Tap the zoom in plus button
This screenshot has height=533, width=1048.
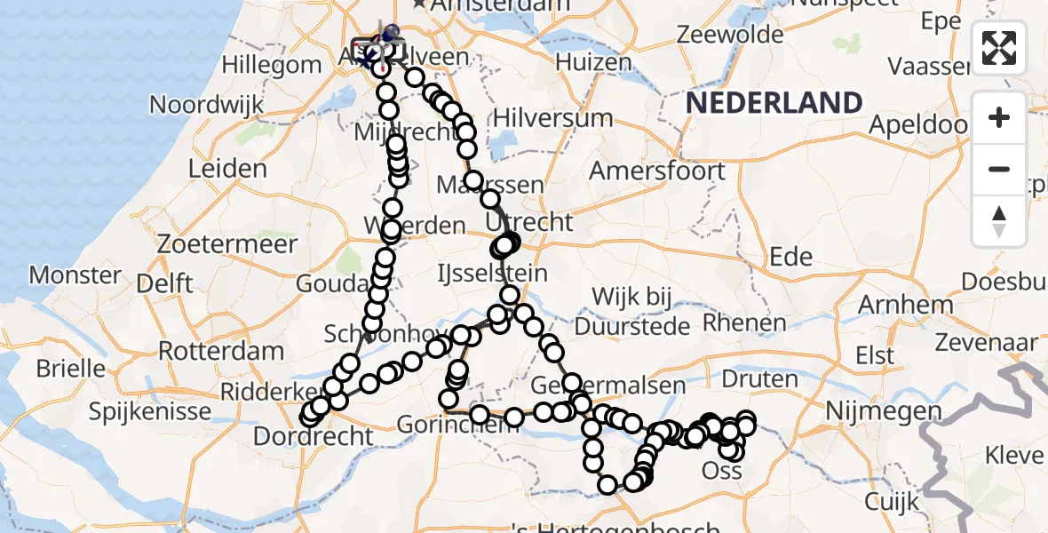pyautogui.click(x=999, y=117)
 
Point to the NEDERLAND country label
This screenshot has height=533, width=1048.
pyautogui.click(x=774, y=103)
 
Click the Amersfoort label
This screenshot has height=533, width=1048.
pyautogui.click(x=657, y=171)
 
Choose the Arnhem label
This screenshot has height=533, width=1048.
pyautogui.click(x=905, y=306)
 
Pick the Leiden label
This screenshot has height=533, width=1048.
pyautogui.click(x=228, y=169)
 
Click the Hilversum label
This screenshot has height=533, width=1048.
pyautogui.click(x=552, y=118)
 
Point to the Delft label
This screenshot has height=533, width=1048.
pyautogui.click(x=166, y=284)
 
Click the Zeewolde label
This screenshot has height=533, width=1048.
pyautogui.click(x=730, y=36)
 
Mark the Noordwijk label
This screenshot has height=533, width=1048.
pyautogui.click(x=206, y=105)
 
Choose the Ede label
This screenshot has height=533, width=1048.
pyautogui.click(x=790, y=258)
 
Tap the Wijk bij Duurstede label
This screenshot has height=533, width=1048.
pyautogui.click(x=632, y=311)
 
